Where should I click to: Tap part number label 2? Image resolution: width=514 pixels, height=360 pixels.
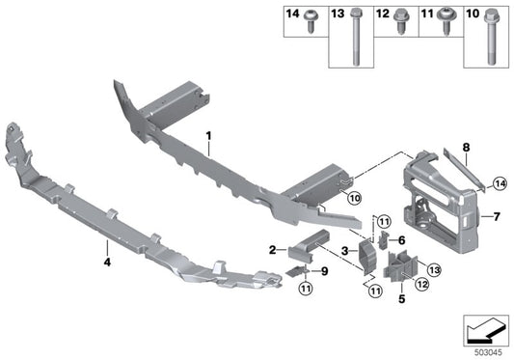[273, 249]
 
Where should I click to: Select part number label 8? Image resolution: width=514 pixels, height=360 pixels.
[465, 147]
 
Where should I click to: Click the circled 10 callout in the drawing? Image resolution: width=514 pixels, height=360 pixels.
[353, 199]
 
